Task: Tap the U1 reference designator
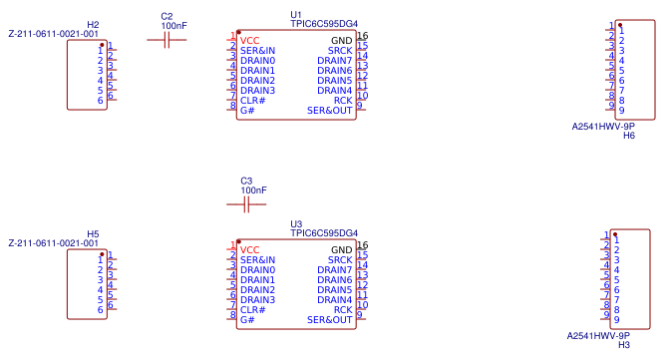click(296, 15)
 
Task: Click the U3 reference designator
click(296, 224)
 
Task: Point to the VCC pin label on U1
click(249, 41)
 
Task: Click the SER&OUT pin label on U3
click(329, 320)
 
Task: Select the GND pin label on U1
click(341, 41)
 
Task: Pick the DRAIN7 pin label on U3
click(334, 270)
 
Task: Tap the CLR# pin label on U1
click(253, 101)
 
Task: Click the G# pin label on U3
click(246, 320)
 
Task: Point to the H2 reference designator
click(93, 24)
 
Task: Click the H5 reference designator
click(93, 233)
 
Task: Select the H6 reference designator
click(629, 136)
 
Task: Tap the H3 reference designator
click(624, 345)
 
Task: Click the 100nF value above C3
click(253, 189)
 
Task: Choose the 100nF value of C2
click(173, 25)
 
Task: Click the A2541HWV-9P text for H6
click(603, 127)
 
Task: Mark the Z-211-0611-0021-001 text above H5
click(53, 243)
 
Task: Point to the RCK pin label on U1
click(342, 101)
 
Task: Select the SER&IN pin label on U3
click(257, 260)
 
